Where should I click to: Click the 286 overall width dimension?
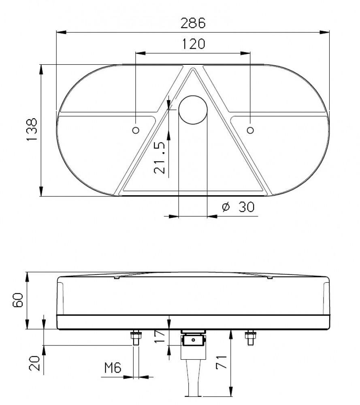click(x=193, y=23)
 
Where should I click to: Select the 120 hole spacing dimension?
click(x=193, y=44)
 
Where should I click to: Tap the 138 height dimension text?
click(x=32, y=130)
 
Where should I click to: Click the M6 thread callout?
click(x=113, y=368)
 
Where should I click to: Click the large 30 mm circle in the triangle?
click(x=193, y=109)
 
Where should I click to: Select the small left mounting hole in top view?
click(x=136, y=130)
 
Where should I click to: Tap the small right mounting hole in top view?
click(x=250, y=130)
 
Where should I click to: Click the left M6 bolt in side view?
click(x=136, y=338)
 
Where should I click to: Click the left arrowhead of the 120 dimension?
click(x=139, y=53)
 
